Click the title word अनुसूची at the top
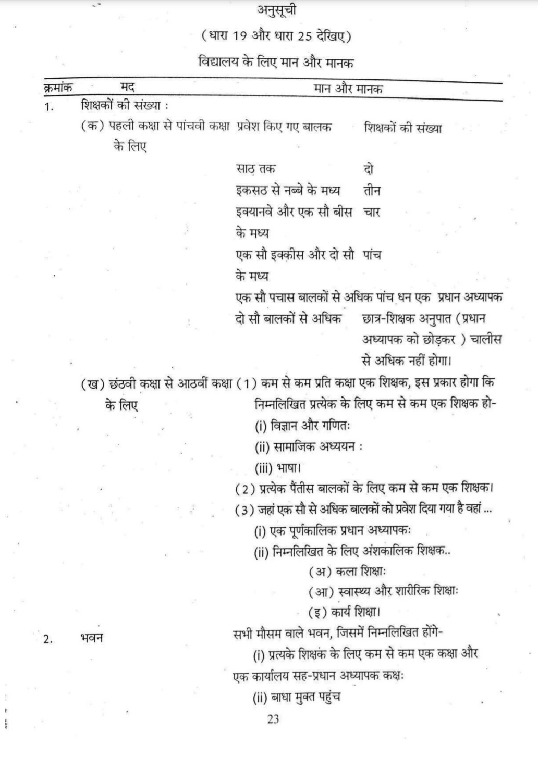277,10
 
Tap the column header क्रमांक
58,88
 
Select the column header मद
128,88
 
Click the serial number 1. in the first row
49,108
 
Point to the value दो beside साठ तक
368,169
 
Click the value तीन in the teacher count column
372,191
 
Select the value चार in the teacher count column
372,212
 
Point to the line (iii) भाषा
278,468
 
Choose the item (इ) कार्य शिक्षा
348,612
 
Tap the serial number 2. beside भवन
48,639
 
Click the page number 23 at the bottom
273,719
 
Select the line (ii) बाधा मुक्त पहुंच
297,698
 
